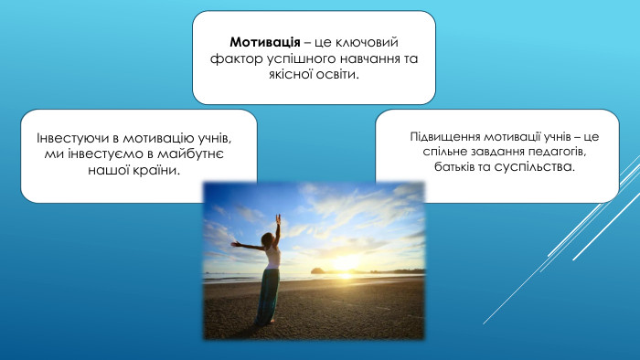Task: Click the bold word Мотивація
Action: coord(265,43)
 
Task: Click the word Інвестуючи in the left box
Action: coord(71,138)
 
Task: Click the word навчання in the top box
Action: coord(379,59)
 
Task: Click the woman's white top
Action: coord(272,257)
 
